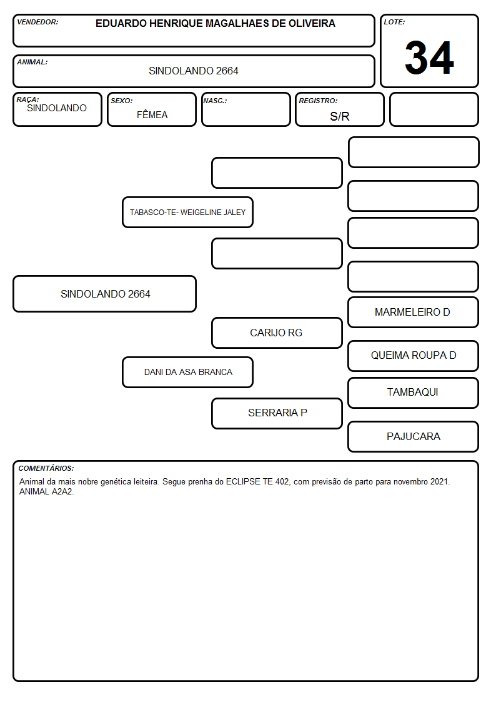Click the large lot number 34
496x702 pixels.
[429, 58]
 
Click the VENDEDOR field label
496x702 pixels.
[37, 22]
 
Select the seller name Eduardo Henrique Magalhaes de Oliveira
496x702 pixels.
[215, 23]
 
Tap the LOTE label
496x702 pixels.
[394, 22]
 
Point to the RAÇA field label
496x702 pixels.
[27, 99]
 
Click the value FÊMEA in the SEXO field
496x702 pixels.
[152, 115]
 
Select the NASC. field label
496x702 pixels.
[215, 101]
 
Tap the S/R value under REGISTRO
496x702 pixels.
[339, 116]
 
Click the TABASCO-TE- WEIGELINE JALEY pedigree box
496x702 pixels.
[188, 212]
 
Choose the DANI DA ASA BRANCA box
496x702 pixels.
[188, 372]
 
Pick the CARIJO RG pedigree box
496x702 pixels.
[277, 333]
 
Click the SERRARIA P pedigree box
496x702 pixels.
[277, 413]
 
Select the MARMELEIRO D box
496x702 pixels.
[414, 312]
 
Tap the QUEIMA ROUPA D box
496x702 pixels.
[414, 356]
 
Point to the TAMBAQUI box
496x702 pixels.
[414, 393]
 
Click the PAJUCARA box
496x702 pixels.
[414, 436]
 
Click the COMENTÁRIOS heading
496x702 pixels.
[46, 468]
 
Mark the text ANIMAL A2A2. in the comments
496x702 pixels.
[46, 491]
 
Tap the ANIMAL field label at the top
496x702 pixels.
[32, 63]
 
